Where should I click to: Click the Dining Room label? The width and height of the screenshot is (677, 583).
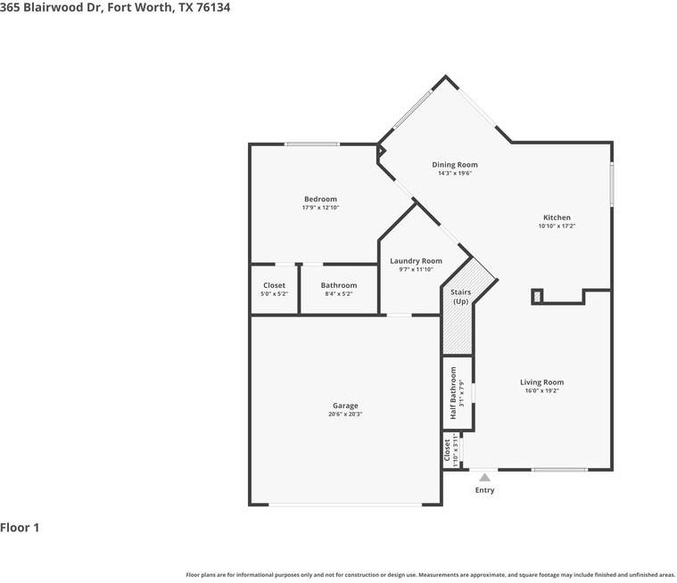(x=455, y=165)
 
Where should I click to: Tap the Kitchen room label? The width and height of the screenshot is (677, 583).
(x=557, y=218)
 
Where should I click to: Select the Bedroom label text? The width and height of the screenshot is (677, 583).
(x=320, y=199)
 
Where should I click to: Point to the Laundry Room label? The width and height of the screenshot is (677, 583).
(x=416, y=261)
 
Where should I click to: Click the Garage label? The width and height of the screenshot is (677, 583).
(x=345, y=406)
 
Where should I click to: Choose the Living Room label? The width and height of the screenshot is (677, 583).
(x=541, y=382)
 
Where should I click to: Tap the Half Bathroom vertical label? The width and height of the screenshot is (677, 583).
(x=453, y=393)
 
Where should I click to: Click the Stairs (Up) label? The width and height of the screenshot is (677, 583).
(x=460, y=297)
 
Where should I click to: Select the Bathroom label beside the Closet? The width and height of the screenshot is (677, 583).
(x=338, y=285)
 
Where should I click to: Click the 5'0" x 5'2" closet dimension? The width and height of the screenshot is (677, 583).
(x=274, y=293)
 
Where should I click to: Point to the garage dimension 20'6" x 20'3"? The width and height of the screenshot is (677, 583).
(x=345, y=414)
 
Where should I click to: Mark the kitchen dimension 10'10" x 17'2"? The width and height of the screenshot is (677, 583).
(x=557, y=226)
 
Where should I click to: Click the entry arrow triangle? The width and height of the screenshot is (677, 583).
(x=484, y=478)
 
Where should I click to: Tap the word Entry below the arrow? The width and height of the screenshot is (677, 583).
(x=484, y=490)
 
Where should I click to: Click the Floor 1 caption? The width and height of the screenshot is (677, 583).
(x=20, y=528)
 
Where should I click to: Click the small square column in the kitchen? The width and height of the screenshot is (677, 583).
(x=537, y=296)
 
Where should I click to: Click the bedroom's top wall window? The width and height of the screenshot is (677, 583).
(x=311, y=144)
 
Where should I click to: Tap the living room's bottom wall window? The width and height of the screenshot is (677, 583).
(x=559, y=469)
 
